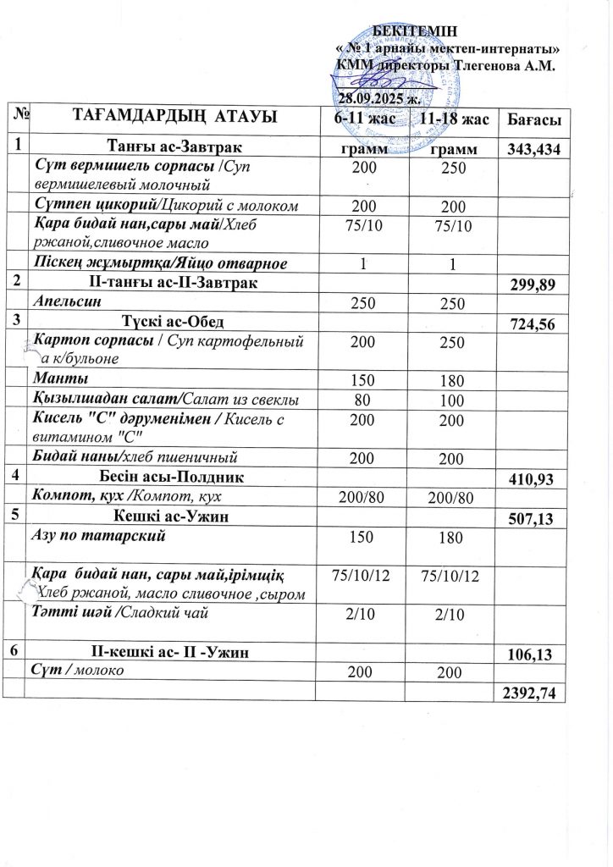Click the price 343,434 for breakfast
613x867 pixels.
click(529, 150)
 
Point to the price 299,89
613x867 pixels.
click(530, 286)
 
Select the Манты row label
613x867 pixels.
click(53, 378)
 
